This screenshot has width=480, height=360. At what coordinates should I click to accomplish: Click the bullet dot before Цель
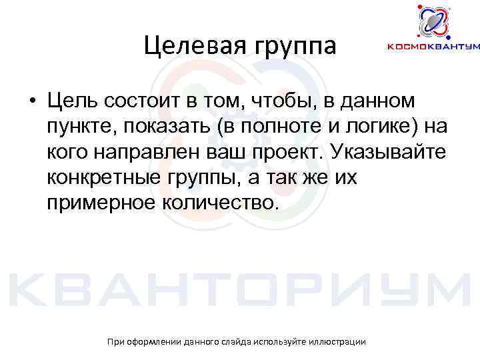(x=32, y=101)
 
